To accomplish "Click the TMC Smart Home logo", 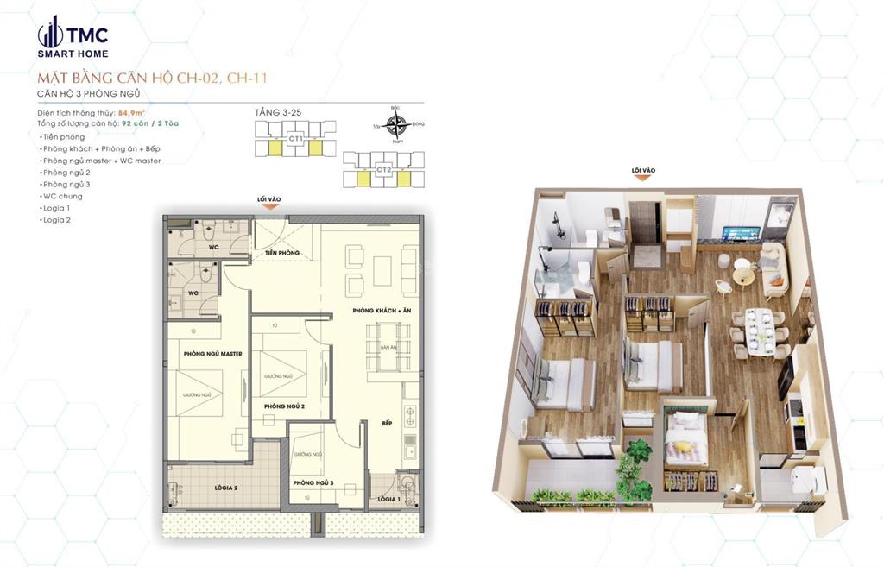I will coord(73,36).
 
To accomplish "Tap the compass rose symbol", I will coord(396,126).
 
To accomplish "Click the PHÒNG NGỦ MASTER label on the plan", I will coord(212,354).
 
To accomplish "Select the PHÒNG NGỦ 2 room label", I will coord(284,406).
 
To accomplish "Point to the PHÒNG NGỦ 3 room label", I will coord(313,482).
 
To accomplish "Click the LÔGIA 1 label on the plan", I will coord(388,499).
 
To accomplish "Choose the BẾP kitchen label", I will coord(388,423).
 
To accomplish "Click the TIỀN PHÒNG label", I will coord(282,252).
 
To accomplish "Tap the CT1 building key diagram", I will coord(295,139).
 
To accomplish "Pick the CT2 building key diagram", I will coord(384,170).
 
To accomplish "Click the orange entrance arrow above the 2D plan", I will coord(269,209).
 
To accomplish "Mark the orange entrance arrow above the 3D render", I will coord(643,180).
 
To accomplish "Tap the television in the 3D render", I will coord(740,234).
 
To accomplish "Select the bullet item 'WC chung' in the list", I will coord(61,196).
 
